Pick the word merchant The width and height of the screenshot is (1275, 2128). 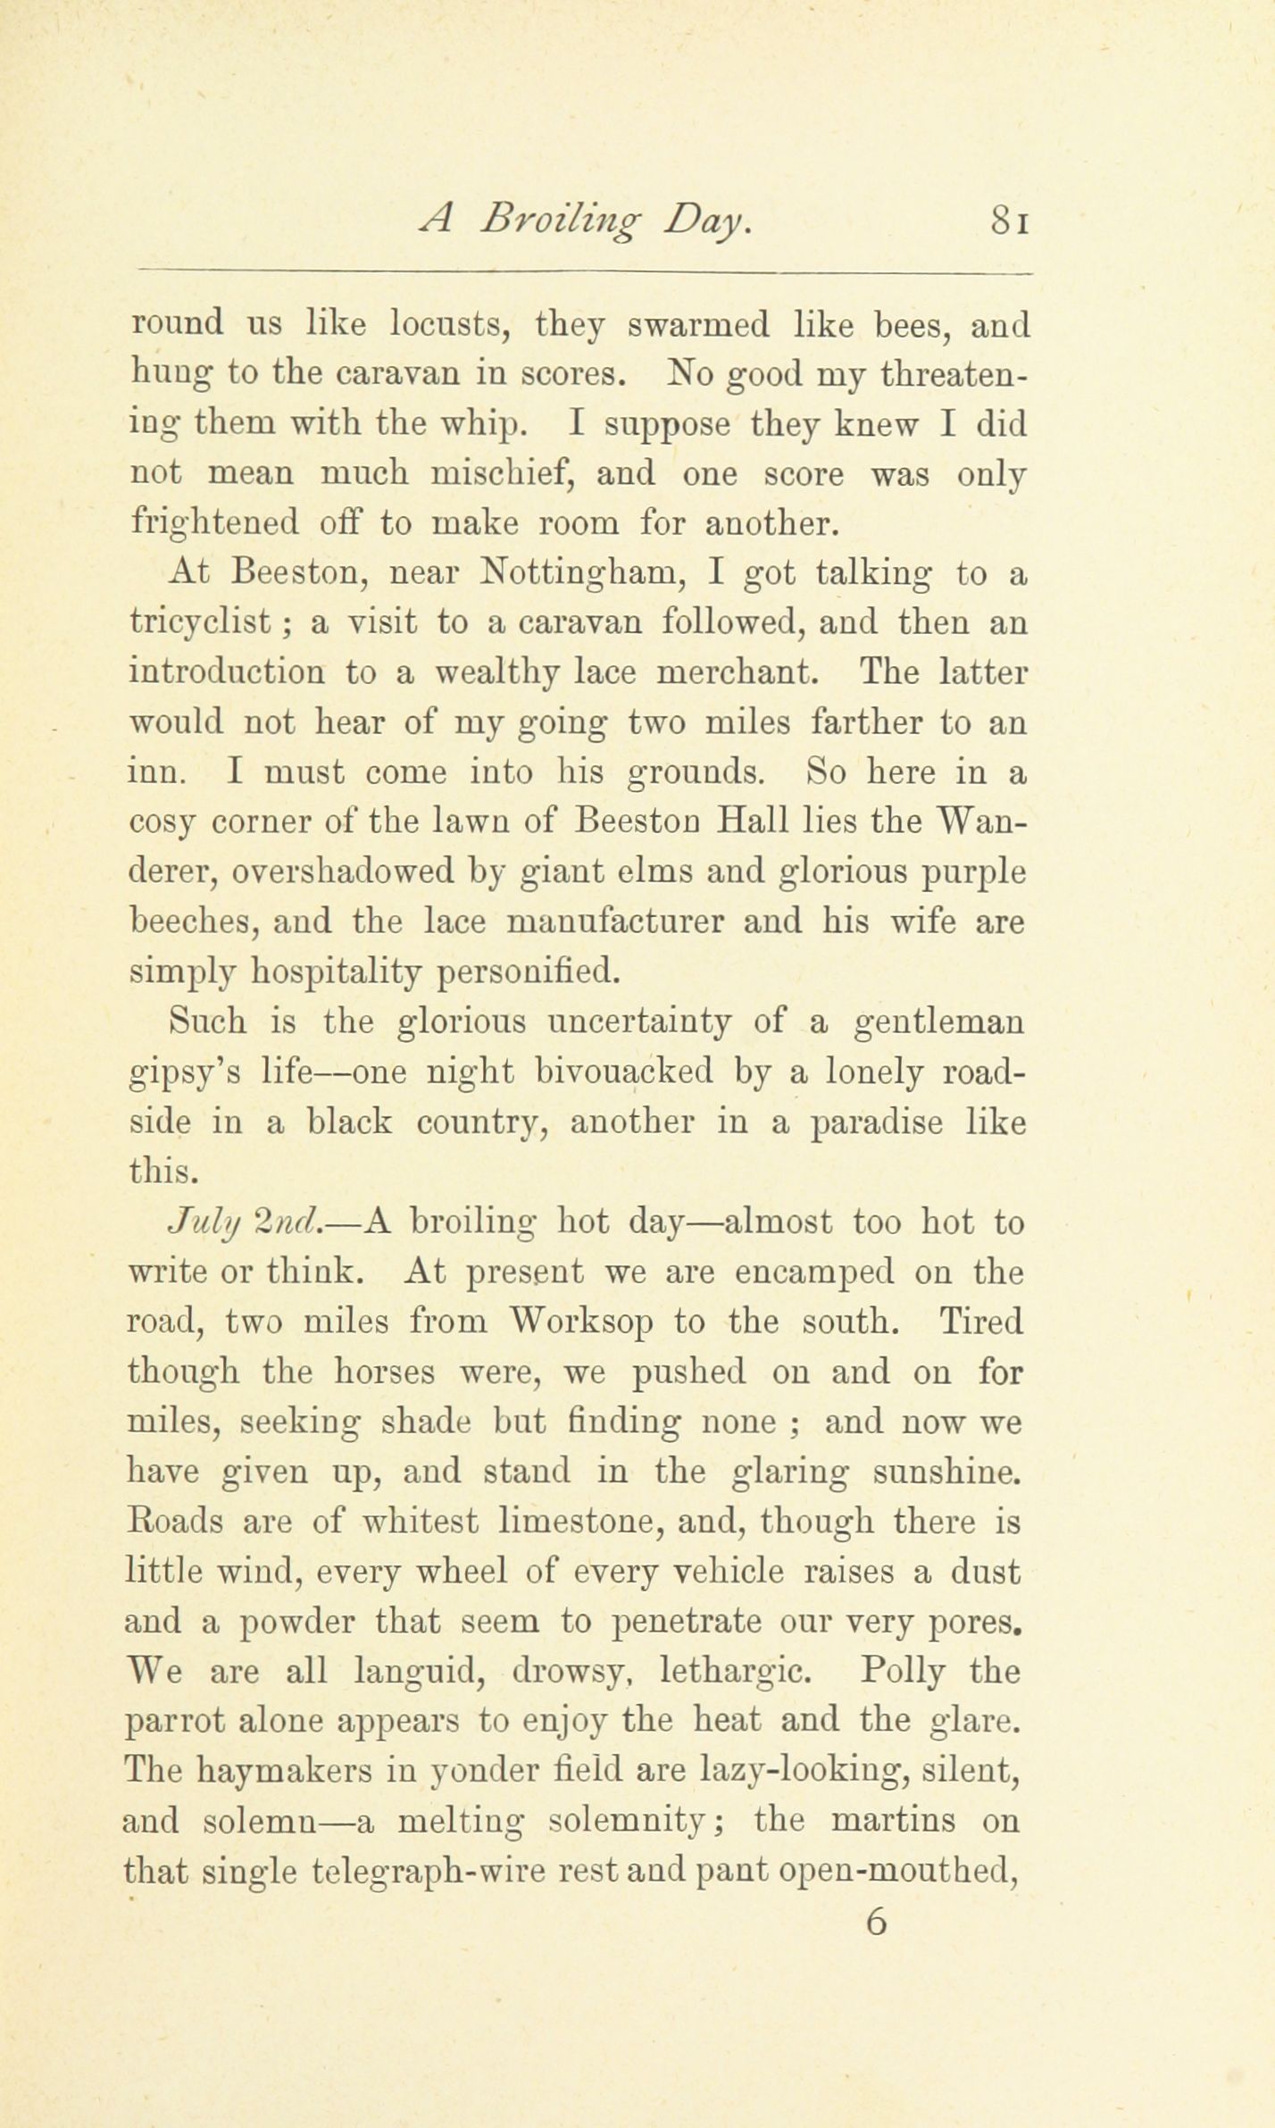[x=737, y=672]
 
